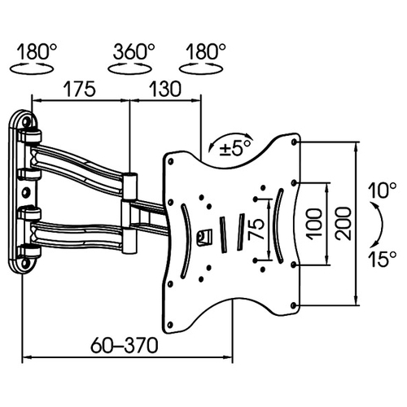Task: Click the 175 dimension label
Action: [x=80, y=89]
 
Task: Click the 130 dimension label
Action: [x=165, y=89]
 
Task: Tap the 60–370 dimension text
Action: [x=125, y=345]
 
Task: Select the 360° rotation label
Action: [x=133, y=51]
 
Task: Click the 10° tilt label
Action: [x=383, y=190]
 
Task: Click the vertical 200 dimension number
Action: [x=343, y=223]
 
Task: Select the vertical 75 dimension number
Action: [x=256, y=230]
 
